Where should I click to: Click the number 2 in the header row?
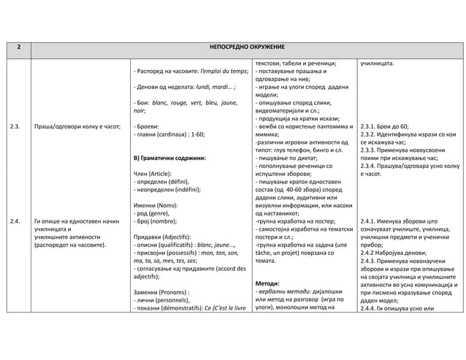click(18, 46)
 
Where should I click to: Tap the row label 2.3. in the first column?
click(15, 126)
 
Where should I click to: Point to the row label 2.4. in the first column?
click(15, 220)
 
